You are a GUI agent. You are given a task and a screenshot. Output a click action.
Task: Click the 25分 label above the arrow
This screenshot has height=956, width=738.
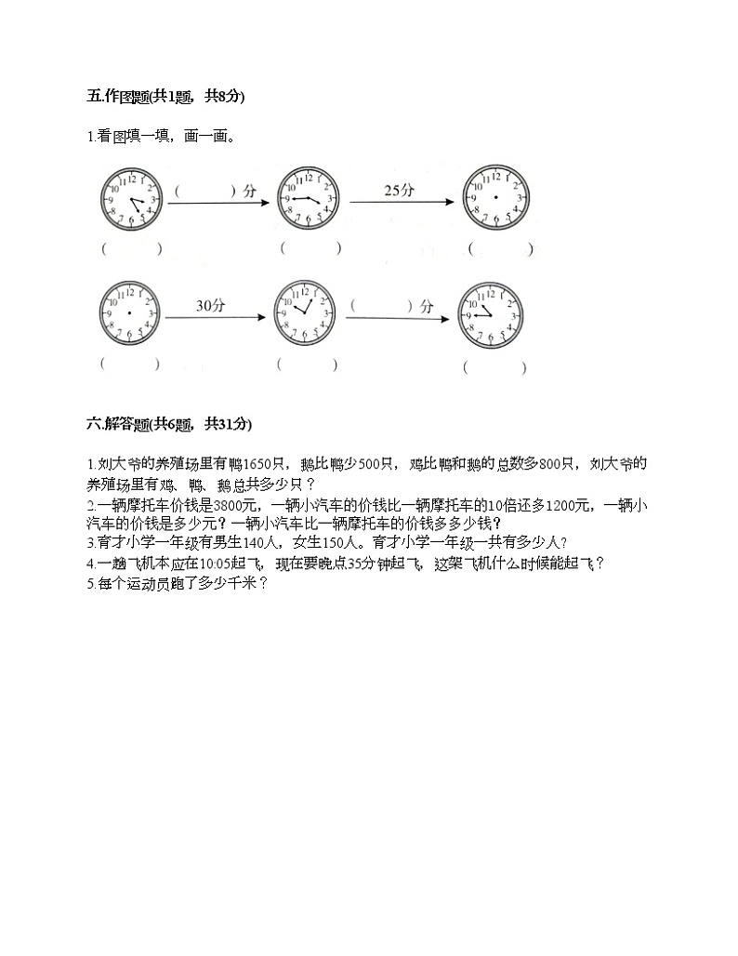(399, 190)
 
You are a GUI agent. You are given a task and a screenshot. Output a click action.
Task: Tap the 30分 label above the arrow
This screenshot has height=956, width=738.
(210, 304)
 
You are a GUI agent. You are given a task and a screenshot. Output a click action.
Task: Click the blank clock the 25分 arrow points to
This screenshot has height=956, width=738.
(495, 197)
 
